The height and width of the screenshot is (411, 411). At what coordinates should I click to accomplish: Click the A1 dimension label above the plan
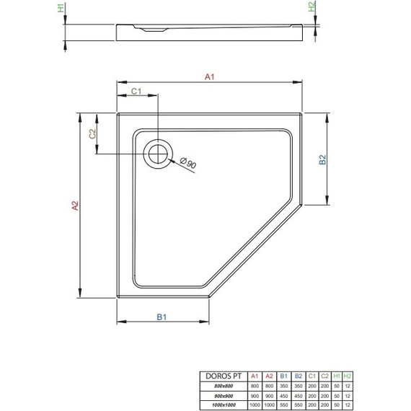(210, 77)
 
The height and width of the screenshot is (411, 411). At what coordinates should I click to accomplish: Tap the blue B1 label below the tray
(163, 316)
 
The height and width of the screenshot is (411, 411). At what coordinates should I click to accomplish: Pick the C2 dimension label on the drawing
(92, 133)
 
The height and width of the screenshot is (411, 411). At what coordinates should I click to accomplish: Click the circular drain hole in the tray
(157, 153)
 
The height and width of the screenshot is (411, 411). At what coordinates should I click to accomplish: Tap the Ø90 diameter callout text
(189, 164)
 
